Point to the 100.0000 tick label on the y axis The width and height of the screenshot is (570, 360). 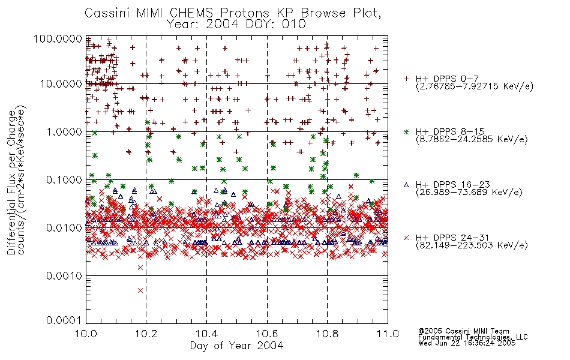point(58,38)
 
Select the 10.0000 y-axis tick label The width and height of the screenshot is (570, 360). point(61,84)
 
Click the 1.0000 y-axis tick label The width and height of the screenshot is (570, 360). point(64,131)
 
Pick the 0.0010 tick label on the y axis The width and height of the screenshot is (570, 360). point(64,276)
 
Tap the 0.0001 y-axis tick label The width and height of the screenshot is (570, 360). point(64,320)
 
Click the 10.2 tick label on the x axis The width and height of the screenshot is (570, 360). point(146,334)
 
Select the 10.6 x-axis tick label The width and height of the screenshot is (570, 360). point(267,334)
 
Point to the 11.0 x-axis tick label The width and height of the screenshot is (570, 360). point(388,334)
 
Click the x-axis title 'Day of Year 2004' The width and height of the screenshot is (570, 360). point(236,346)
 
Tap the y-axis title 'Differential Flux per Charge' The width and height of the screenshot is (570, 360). point(11,182)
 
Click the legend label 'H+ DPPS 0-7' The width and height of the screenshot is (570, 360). point(447,79)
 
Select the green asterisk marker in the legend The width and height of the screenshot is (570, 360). point(406,131)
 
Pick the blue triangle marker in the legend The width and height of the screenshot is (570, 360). point(406,185)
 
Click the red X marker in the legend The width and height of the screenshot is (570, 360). point(406,238)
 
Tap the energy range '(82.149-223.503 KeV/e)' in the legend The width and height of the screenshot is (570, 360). point(472,245)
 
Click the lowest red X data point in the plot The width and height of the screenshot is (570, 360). point(140,290)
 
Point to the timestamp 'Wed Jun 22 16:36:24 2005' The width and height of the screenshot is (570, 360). point(467,343)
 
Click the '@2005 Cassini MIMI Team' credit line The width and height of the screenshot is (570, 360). point(463,331)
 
